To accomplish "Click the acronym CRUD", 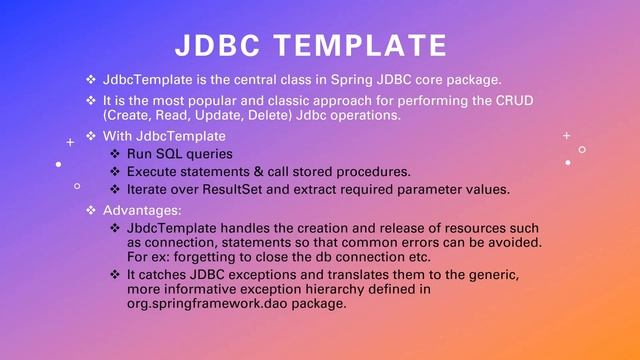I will tap(514, 101).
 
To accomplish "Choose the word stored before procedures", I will tap(314, 172).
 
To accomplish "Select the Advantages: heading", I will tap(142, 211).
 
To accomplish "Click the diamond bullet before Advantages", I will tap(92, 211).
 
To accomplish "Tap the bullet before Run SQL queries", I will tap(116, 154).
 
